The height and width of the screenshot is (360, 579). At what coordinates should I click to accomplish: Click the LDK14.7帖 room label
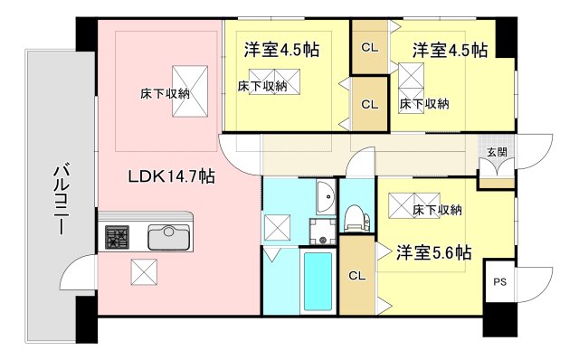172,177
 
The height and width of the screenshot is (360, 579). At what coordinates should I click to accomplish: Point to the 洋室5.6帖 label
433,254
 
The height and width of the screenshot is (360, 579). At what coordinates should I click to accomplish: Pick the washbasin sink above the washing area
326,196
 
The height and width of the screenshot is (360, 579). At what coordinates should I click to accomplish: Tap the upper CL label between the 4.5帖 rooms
369,47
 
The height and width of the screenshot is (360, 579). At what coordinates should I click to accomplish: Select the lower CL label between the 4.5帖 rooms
369,103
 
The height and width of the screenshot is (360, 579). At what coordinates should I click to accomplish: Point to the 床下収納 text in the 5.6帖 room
437,210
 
